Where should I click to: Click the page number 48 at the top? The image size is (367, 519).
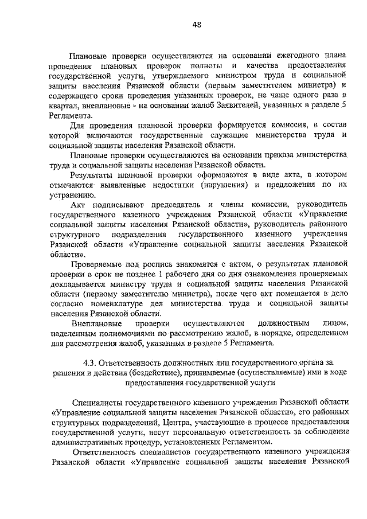coord(197,24)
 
